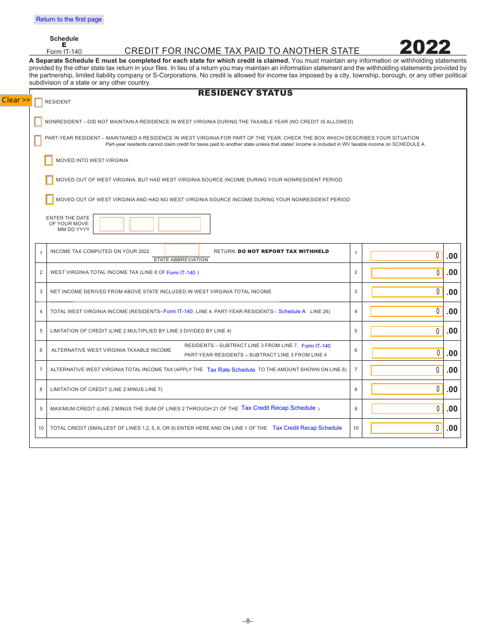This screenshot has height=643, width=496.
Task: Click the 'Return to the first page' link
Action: (69, 19)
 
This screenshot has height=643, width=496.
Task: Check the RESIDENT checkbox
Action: (39, 102)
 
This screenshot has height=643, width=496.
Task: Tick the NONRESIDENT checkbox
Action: (38, 122)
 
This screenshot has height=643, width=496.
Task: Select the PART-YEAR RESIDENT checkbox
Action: (38, 141)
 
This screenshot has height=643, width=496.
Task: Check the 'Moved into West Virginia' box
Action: (49, 160)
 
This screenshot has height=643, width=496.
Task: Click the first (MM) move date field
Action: (112, 224)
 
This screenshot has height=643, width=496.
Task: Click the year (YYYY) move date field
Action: (180, 224)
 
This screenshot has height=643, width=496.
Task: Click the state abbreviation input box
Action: (182, 250)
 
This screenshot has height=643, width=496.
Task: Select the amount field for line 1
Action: (406, 256)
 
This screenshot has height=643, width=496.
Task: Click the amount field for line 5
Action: (406, 331)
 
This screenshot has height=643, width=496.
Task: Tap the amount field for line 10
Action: (406, 428)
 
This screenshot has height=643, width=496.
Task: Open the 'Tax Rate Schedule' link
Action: (231, 370)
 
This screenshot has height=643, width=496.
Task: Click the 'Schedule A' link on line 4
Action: (292, 312)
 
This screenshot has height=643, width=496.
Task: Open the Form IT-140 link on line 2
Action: (181, 272)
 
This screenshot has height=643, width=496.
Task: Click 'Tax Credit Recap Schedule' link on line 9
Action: (278, 408)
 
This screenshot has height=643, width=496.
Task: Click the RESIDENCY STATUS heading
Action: (245, 93)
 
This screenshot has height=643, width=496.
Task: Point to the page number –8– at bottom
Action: (248, 621)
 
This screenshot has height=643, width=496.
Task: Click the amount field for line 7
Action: (406, 370)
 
